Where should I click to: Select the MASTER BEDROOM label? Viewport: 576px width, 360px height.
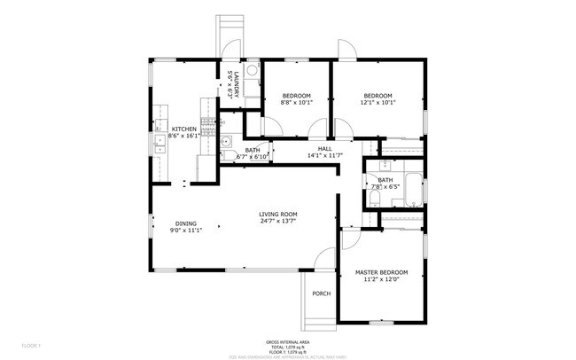(x=381, y=272)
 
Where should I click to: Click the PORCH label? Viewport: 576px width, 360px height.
(x=321, y=293)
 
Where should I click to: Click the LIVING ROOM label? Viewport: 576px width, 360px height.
(x=277, y=214)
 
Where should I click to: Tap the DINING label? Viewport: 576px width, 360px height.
(x=185, y=223)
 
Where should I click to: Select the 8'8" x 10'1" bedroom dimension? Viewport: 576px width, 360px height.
(x=296, y=102)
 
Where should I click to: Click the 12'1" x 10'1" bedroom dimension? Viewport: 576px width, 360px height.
(x=378, y=102)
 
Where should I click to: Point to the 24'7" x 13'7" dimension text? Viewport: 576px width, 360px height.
(x=277, y=221)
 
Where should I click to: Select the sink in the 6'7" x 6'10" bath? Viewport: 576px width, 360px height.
(x=226, y=141)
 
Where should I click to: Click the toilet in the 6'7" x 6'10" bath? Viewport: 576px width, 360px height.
(x=228, y=157)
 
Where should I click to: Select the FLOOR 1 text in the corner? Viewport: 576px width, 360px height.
(x=32, y=344)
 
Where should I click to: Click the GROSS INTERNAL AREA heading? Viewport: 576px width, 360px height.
(x=287, y=341)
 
